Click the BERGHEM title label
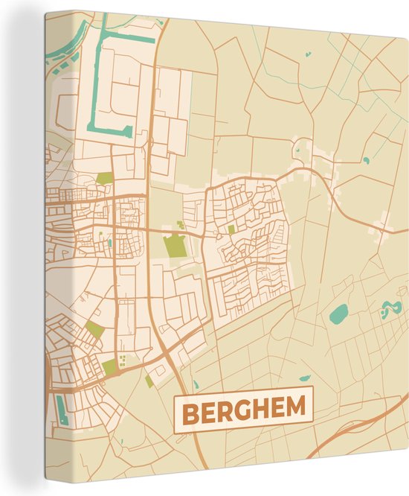pos(243,410)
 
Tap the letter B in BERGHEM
pos(191,411)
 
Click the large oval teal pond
pos(338,314)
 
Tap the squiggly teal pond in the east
pos(387,308)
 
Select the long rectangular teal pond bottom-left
pos(61,410)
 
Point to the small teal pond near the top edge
pos(306,54)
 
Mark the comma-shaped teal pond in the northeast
pos(366,159)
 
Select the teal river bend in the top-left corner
pos(63,48)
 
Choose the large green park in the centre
pos(175,247)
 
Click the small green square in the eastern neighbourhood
pos(231,229)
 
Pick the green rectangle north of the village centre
pos(105,179)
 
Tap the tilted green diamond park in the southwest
pos(94,329)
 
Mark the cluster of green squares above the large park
pos(180,224)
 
